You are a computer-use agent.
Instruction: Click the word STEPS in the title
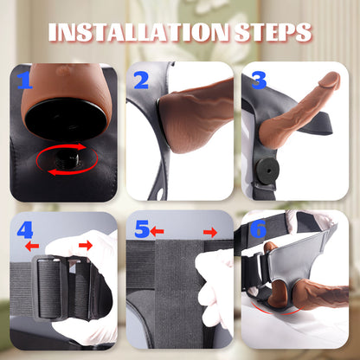point(268,32)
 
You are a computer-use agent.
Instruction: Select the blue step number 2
point(142,82)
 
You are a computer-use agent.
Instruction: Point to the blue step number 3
point(258,82)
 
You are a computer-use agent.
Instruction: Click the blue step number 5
point(142,230)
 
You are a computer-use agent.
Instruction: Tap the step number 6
point(258,232)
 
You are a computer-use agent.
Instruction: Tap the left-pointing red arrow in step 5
point(159,231)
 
